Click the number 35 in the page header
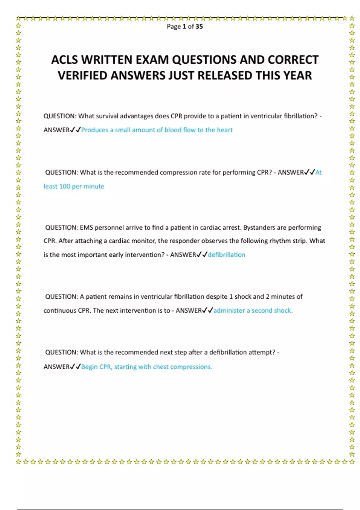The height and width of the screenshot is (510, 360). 199,26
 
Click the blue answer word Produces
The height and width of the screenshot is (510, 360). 94,130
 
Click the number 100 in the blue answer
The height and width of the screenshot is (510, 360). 64,186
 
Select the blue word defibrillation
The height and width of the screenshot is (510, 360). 226,255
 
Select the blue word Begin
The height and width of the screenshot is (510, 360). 89,367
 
